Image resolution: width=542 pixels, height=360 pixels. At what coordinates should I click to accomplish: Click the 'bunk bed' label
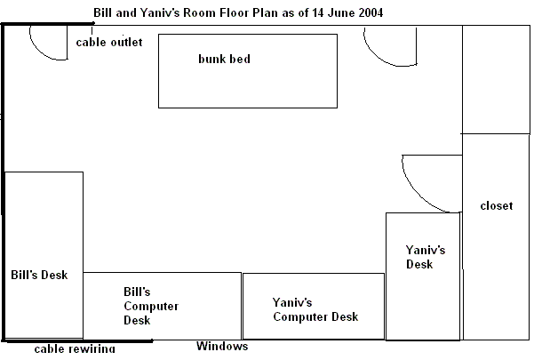224,60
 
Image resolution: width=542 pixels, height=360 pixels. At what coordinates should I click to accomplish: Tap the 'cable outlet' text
108,43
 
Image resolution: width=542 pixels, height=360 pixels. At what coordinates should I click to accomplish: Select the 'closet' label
496,206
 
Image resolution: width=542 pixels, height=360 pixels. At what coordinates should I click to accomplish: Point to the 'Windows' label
222,347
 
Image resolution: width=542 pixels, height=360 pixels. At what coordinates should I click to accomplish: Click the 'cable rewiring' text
75,349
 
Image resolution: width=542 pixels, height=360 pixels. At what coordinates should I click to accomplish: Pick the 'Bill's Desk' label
39,275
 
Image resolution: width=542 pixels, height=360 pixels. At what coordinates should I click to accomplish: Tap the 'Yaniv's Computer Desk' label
315,310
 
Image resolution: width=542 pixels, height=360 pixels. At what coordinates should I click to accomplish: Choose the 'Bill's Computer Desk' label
150,307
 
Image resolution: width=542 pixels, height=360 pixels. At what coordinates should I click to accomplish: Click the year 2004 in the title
371,13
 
